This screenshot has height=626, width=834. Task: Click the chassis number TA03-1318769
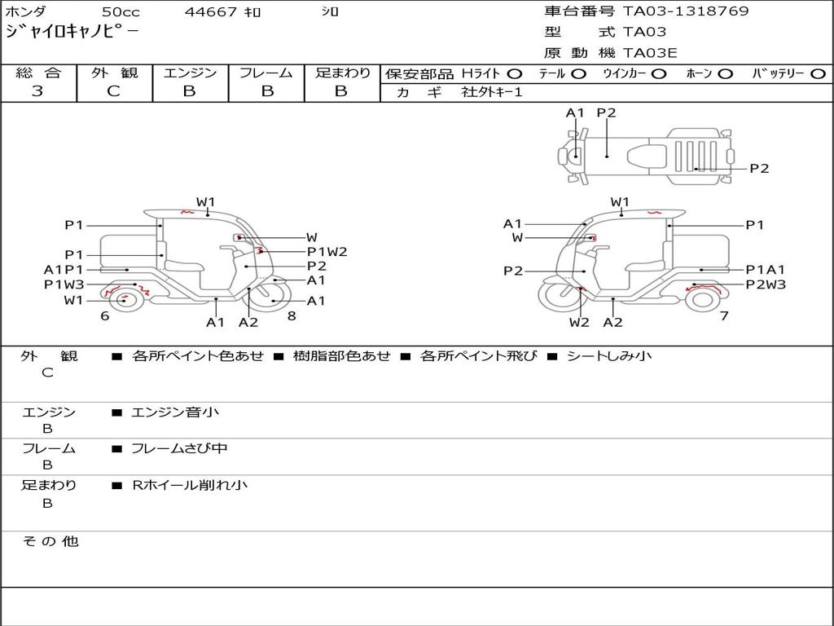click(686, 11)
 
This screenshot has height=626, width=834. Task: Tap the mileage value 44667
click(211, 12)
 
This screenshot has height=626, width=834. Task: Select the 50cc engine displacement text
click(120, 12)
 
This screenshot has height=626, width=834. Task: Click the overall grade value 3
click(37, 91)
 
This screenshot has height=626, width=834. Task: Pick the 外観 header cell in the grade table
click(114, 73)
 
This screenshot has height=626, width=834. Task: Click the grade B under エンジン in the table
click(189, 91)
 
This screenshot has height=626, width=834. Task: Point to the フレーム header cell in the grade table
click(266, 73)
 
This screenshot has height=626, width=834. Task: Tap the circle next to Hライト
click(514, 73)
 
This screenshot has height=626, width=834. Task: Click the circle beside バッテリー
click(818, 73)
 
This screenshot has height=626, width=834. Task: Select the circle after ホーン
click(725, 73)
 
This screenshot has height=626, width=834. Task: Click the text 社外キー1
click(492, 92)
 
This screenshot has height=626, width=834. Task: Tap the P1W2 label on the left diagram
click(327, 252)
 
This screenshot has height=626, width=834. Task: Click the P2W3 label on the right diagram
click(766, 284)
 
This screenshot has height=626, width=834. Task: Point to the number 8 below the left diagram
click(292, 315)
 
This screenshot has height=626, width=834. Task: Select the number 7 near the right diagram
click(723, 315)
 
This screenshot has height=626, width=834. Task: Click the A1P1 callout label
click(64, 270)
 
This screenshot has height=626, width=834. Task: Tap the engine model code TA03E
click(651, 53)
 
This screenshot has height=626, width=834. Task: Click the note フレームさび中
click(179, 448)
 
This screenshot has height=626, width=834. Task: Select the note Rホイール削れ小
click(190, 485)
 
